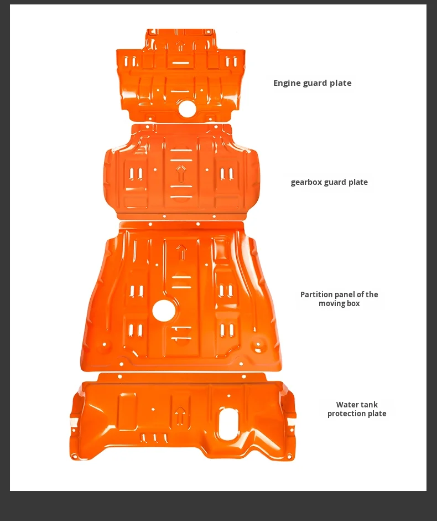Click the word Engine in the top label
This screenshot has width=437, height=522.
click(x=287, y=84)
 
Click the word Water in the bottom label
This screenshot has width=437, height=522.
click(x=349, y=405)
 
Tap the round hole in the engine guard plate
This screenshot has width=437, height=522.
click(x=187, y=109)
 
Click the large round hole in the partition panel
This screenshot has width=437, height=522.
click(x=164, y=311)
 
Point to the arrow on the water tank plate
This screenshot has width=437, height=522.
click(x=180, y=415)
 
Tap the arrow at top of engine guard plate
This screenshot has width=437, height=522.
click(x=180, y=45)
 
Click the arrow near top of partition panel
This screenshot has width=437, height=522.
click(x=181, y=252)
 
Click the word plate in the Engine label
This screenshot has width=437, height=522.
click(x=341, y=84)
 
